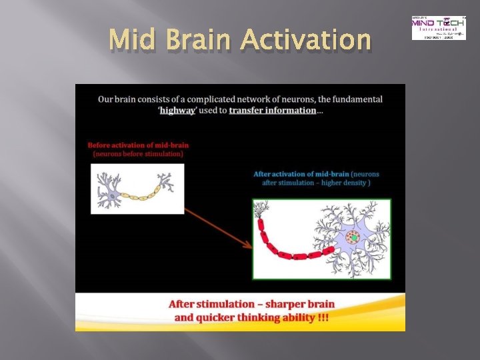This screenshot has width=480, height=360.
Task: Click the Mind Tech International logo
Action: click(x=438, y=27)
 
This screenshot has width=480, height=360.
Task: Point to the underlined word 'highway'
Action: click(x=178, y=110)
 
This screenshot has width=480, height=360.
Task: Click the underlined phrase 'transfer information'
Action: click(x=272, y=110)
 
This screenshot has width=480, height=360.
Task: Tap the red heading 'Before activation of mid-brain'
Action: click(x=138, y=145)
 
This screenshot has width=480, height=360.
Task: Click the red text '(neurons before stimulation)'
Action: click(x=138, y=153)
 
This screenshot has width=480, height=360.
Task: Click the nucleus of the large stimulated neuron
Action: click(x=353, y=237)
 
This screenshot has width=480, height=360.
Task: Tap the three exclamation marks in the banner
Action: click(x=323, y=317)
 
